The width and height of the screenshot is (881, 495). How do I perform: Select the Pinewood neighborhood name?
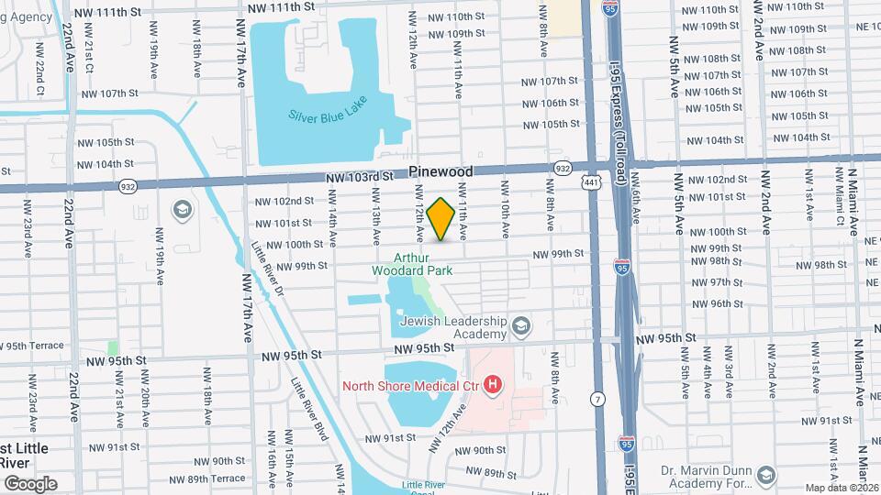click(x=440, y=171)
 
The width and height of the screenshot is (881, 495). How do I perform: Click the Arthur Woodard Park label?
click(x=412, y=264)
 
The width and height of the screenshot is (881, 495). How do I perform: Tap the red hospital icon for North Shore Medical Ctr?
click(x=494, y=384)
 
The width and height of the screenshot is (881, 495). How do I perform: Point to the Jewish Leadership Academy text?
click(x=465, y=328)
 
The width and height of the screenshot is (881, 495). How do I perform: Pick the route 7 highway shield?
click(x=598, y=399)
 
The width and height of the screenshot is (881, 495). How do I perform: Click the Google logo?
click(x=30, y=483)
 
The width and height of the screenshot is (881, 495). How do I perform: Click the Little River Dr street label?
click(x=266, y=269)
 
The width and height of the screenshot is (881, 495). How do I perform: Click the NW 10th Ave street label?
click(x=504, y=204)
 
